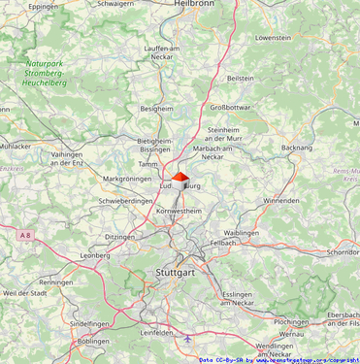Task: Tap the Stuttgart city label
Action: click(176, 274)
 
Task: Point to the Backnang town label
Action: click(296, 148)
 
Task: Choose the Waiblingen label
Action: click(242, 233)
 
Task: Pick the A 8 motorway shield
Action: click(25, 234)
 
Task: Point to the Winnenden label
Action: click(281, 201)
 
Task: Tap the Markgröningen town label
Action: click(127, 179)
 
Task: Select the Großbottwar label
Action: click(231, 108)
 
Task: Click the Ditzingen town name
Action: click(120, 237)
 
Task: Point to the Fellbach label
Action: click(222, 243)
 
